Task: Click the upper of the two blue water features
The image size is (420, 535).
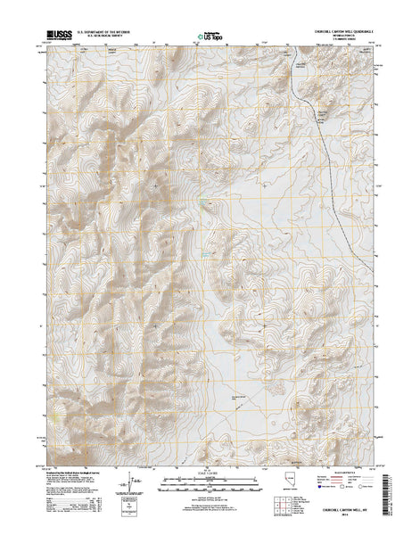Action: pos(206,208)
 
